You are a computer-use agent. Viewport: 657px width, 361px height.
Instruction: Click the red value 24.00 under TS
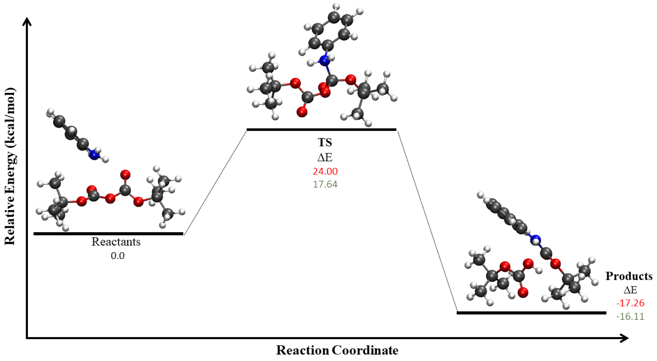point(325,171)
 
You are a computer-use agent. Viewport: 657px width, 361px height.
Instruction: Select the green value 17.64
point(325,184)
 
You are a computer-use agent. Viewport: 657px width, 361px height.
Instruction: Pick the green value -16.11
point(630,316)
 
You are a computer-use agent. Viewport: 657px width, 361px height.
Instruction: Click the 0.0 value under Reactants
point(117,256)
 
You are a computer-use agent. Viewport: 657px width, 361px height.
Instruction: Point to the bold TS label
point(325,142)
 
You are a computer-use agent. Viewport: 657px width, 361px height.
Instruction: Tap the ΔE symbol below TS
point(325,157)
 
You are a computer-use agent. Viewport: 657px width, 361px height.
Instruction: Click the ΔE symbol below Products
point(630,290)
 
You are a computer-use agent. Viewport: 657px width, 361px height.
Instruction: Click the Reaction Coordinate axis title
point(337,350)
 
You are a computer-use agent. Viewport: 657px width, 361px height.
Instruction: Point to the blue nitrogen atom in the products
point(535,240)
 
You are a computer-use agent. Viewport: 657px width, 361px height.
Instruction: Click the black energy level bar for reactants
point(108,234)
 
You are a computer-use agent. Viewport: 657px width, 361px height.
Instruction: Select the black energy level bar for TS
point(321,130)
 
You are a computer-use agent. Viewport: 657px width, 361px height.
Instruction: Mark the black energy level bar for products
point(531,313)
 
